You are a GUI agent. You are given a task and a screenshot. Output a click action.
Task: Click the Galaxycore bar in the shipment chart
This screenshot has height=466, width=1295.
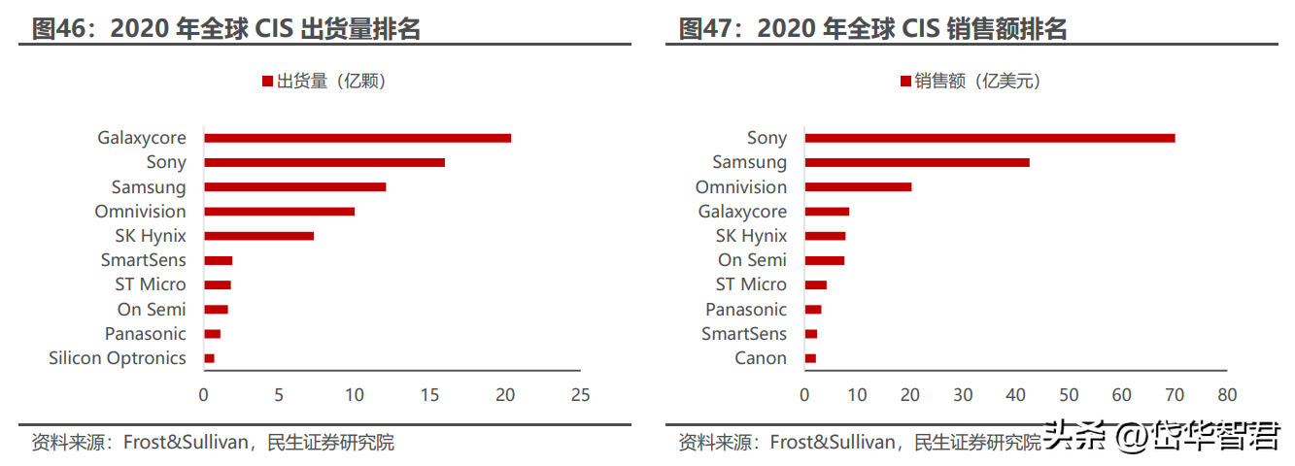point(358,138)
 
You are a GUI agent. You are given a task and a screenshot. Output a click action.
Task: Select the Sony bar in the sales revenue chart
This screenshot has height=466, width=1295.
point(990,138)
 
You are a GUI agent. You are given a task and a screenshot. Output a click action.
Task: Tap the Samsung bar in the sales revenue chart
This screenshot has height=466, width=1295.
point(917,162)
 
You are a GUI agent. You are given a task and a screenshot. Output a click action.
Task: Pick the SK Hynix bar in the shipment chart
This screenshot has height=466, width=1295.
point(259,236)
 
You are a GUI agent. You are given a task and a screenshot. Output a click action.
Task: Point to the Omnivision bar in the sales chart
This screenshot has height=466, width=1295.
point(858,187)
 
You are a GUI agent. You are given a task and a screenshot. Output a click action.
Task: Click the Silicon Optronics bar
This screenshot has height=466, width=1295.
point(209,358)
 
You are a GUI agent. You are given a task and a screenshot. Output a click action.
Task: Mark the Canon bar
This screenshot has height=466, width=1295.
point(810,358)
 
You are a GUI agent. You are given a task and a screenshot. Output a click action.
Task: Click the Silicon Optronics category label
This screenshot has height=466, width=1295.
point(118,358)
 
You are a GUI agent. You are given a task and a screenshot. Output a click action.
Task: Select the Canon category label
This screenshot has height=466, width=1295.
point(761,358)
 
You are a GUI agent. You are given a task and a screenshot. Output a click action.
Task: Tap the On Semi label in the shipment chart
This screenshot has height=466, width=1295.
point(152,310)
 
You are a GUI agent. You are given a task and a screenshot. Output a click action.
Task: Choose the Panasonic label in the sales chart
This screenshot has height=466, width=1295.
point(746,310)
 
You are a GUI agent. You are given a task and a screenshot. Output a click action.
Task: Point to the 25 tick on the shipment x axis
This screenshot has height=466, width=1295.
point(580,395)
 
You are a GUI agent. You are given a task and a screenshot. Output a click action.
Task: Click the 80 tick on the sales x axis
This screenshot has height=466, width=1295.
point(1227,395)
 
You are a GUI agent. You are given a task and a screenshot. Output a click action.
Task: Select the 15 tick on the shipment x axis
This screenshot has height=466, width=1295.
point(429,395)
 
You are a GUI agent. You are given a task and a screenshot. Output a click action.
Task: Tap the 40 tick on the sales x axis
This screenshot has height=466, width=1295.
point(1016,395)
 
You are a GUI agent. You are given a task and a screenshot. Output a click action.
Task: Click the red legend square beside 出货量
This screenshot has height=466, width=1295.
point(267,81)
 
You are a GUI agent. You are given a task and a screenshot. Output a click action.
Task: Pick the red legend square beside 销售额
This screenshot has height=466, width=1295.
point(905,81)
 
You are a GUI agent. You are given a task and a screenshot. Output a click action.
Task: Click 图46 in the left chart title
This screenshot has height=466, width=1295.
point(59,28)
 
